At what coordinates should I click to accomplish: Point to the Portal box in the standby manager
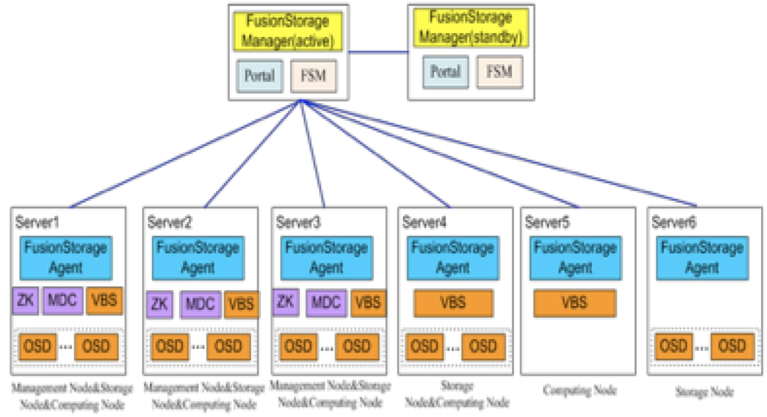tap(445, 72)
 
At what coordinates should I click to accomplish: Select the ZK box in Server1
tap(27, 300)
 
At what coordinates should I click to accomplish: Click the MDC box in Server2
tap(201, 304)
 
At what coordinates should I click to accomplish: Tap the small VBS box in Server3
tap(368, 303)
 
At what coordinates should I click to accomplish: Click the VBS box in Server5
tap(573, 304)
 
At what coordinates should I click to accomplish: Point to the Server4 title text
tap(426, 222)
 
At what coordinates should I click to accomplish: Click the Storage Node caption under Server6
tap(704, 391)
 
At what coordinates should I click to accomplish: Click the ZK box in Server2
tap(160, 304)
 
